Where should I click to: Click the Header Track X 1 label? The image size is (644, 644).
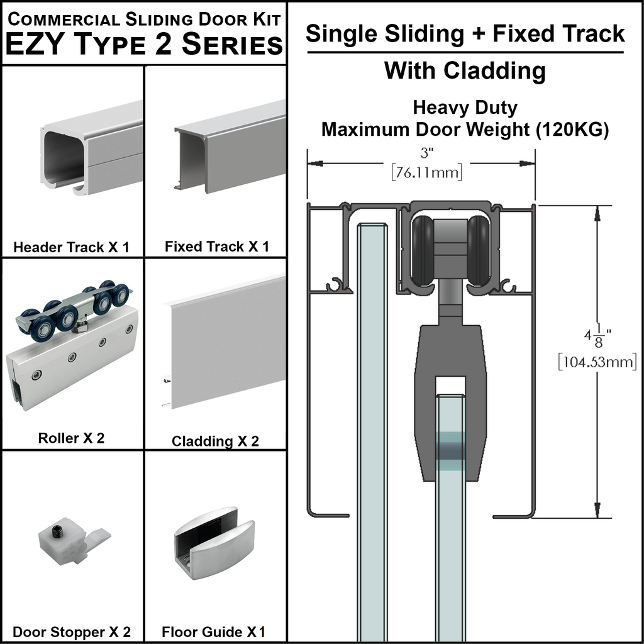[71, 247]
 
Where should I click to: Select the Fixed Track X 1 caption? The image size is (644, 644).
[216, 247]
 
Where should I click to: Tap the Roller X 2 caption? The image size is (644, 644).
[71, 438]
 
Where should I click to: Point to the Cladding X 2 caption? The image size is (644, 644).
[215, 441]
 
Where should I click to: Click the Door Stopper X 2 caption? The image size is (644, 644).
[72, 632]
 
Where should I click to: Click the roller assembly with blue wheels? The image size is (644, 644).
[72, 343]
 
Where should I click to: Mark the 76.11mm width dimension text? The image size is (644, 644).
[426, 172]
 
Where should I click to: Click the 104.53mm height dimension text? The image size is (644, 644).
[597, 362]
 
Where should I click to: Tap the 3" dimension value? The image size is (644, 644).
[426, 152]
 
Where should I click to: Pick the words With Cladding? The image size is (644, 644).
[465, 70]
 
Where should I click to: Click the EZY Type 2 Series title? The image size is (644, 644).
[144, 45]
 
